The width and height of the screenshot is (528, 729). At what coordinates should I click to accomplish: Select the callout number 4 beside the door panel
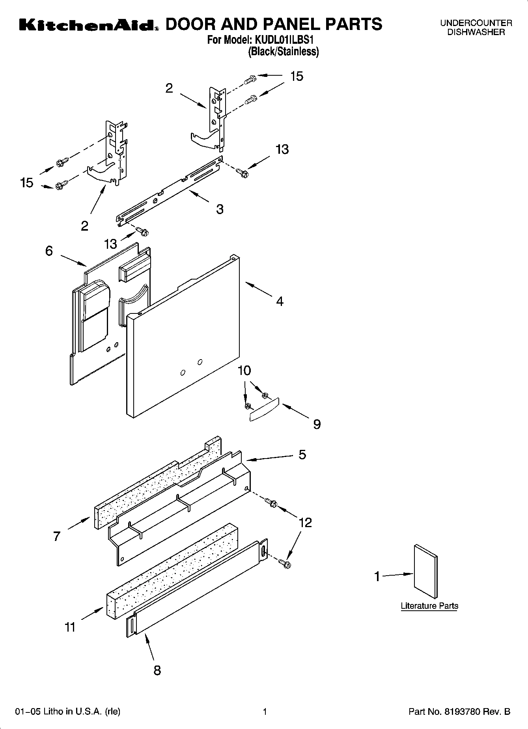tap(280, 301)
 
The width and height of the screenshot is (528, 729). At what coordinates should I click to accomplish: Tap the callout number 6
tap(49, 251)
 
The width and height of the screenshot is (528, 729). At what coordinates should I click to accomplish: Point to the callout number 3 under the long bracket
tap(220, 209)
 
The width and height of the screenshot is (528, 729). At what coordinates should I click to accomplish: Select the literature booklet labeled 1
tap(425, 571)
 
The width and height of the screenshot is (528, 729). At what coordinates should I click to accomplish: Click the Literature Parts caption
tap(429, 606)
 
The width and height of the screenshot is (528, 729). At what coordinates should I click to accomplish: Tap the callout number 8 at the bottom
tap(157, 670)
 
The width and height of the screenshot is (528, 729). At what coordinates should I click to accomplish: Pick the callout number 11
tap(70, 626)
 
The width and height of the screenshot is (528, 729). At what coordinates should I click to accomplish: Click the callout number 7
tap(57, 536)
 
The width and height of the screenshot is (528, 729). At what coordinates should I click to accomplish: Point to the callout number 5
tap(302, 455)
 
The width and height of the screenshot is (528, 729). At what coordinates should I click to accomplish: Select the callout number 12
tap(305, 522)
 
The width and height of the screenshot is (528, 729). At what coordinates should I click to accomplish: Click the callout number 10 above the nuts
tap(244, 371)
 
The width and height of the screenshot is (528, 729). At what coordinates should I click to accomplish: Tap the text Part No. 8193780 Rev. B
tap(459, 712)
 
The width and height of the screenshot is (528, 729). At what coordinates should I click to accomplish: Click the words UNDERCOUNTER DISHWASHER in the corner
tap(476, 28)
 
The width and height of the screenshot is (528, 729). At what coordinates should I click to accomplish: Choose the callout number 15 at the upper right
tap(297, 76)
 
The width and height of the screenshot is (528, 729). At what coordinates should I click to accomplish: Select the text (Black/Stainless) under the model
tap(283, 52)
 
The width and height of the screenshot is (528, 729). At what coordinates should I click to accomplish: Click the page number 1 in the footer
tap(265, 712)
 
